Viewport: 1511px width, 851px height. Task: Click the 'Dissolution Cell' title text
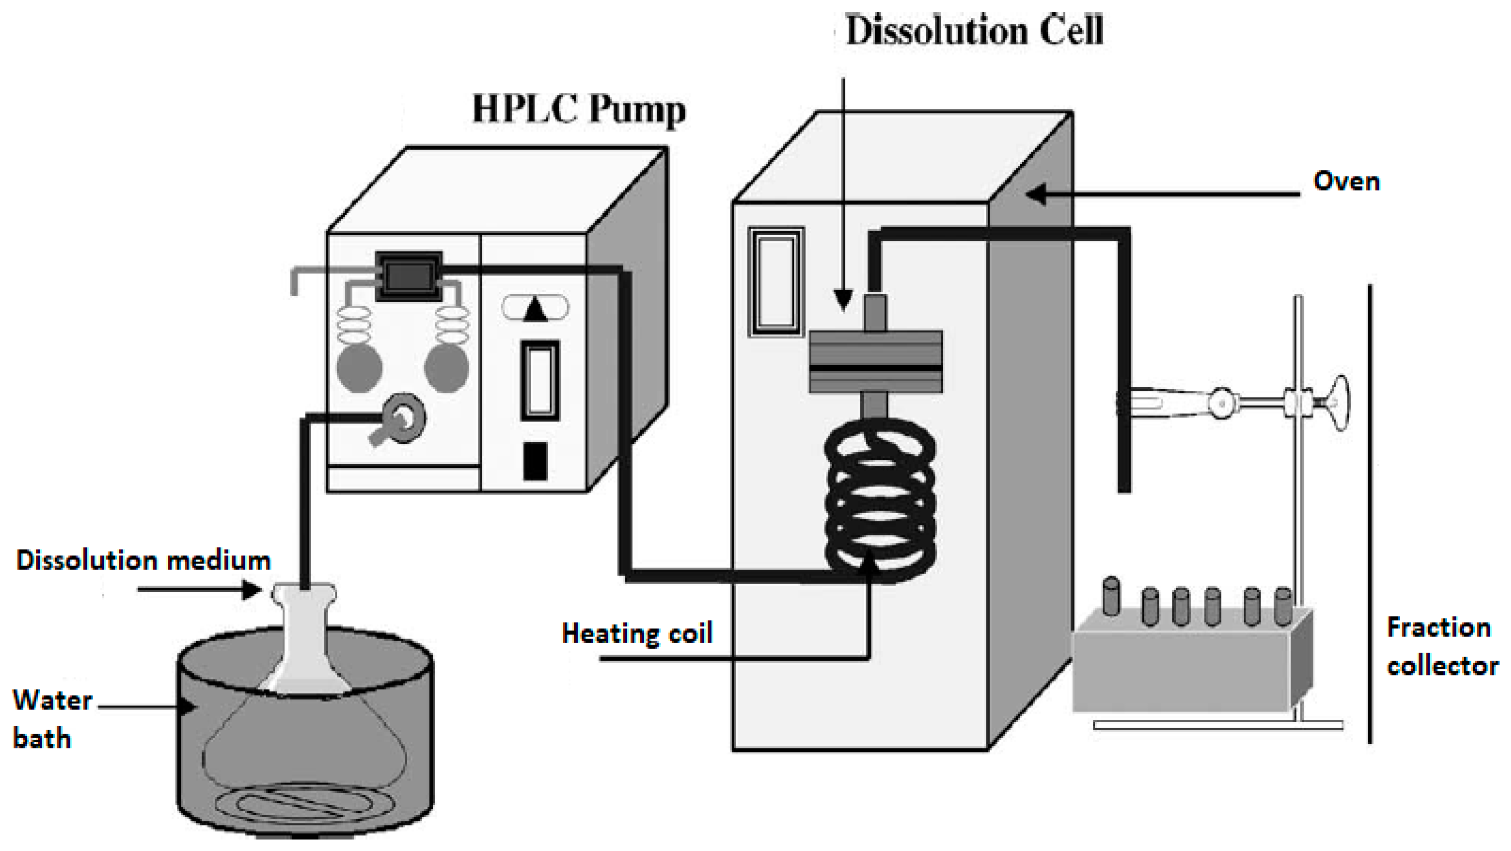click(974, 30)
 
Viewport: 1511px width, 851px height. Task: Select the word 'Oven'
click(1346, 181)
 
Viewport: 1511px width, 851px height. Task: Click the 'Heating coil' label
click(637, 633)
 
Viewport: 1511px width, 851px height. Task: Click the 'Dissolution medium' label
click(144, 561)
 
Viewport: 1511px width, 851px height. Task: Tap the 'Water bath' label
click(52, 719)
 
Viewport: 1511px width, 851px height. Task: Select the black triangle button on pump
click(534, 309)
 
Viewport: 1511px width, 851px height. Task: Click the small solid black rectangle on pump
click(534, 461)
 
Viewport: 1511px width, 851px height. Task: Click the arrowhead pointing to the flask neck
click(253, 589)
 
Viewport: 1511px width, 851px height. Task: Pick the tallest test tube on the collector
click(1110, 597)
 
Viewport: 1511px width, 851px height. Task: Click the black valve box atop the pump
click(408, 276)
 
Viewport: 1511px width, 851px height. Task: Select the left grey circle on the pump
click(360, 368)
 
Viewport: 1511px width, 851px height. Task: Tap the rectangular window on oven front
click(776, 282)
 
